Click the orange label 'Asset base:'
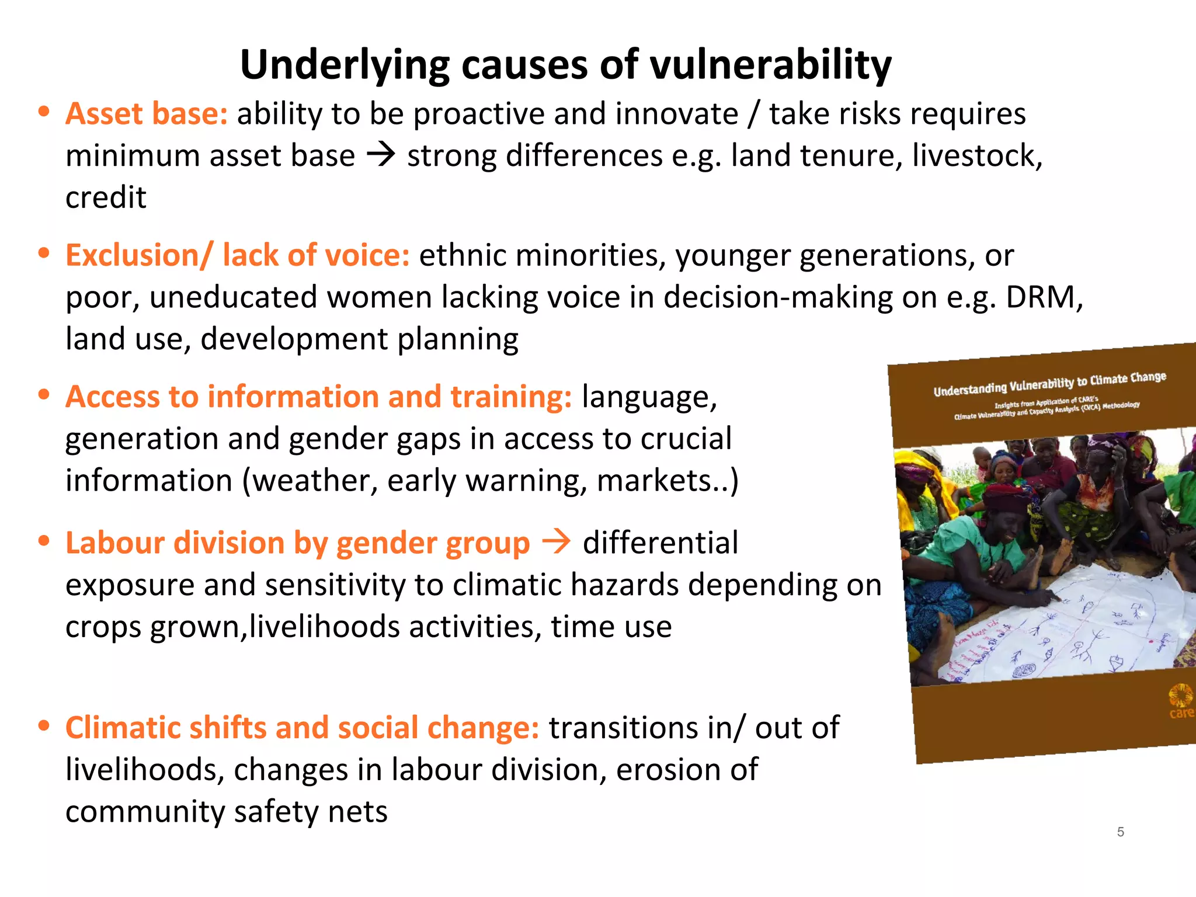147,113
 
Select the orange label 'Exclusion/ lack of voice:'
238,255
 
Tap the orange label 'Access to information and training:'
318,397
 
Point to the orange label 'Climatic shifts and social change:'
302,728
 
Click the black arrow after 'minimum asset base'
381,155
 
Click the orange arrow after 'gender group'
556,542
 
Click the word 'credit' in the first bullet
106,197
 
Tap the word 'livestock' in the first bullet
975,156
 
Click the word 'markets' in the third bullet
653,481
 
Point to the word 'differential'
660,543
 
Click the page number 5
1120,832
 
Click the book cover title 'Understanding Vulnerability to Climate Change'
1049,383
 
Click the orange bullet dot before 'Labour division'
44,541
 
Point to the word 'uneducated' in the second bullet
233,297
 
